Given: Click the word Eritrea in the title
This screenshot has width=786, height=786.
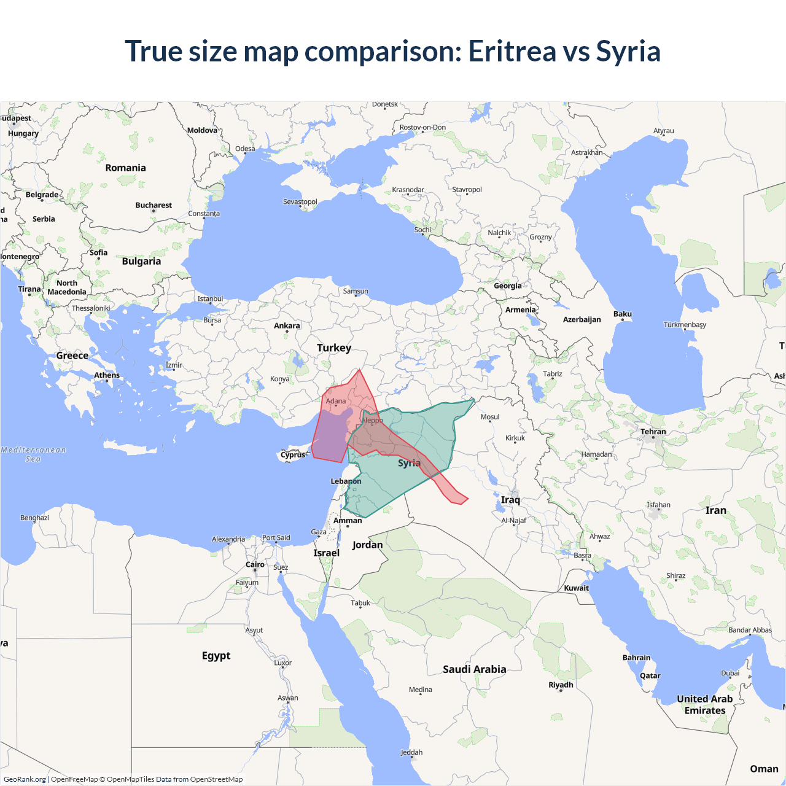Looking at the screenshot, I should (512, 51).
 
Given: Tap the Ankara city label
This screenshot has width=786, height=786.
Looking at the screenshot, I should (287, 325).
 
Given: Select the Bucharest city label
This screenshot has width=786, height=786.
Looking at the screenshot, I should (154, 205).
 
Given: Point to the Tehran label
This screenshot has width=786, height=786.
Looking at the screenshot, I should (653, 432).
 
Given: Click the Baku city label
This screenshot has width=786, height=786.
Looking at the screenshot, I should (622, 314).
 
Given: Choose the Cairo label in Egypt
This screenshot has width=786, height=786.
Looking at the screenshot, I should (255, 564).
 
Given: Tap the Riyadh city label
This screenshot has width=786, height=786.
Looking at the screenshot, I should (561, 685).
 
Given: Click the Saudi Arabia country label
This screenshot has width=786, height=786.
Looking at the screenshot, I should (475, 669).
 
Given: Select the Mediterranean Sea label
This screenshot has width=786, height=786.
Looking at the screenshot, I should (33, 454).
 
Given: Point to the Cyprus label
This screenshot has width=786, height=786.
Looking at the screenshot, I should (293, 455).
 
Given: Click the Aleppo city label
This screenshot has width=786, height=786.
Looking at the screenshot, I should (372, 421).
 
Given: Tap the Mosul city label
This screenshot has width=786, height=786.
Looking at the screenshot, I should (490, 417).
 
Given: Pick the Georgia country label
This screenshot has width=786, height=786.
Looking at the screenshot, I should (508, 286).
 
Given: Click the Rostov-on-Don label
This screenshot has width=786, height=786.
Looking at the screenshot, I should (422, 128).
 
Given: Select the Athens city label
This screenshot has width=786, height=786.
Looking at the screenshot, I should (107, 375).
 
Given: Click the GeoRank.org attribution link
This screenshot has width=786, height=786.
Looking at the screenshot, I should (25, 779).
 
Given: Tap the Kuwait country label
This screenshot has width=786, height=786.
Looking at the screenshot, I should (576, 588).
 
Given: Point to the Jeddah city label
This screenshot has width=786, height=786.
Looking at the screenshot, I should (411, 752).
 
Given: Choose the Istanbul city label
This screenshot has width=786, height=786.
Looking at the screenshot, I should (210, 299).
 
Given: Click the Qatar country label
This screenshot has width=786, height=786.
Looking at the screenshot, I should (650, 675).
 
